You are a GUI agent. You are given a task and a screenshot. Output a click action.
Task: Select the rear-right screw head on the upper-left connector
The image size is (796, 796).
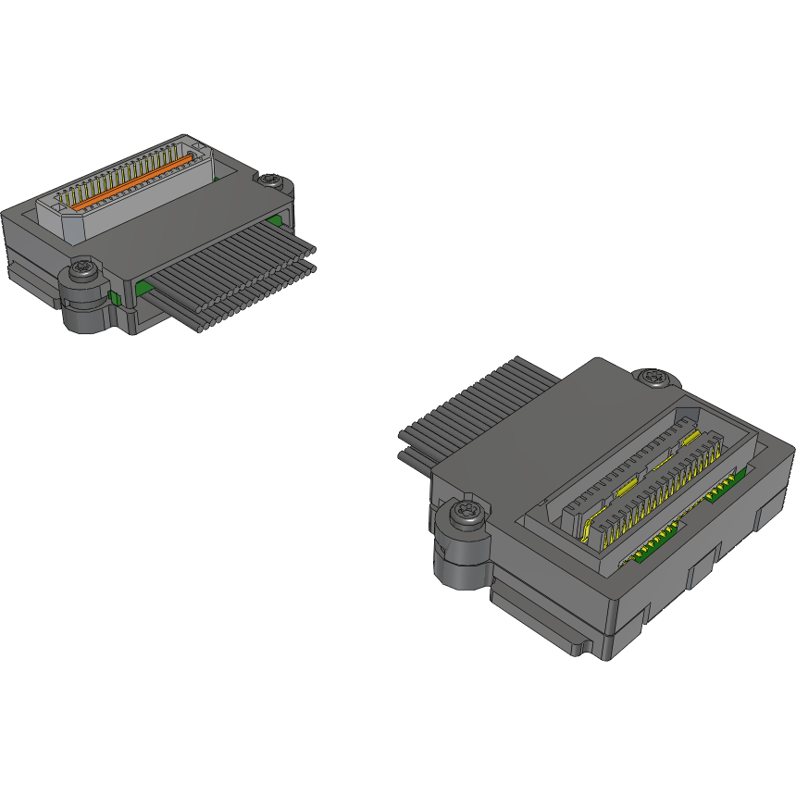coord(271,180)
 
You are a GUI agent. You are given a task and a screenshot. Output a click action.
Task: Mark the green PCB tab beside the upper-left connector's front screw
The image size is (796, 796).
coord(113,297)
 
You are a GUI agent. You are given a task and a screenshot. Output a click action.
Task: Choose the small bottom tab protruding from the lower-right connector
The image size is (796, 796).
coord(578,643)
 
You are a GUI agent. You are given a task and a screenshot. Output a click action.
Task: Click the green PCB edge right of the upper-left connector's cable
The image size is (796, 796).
coord(276,220)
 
